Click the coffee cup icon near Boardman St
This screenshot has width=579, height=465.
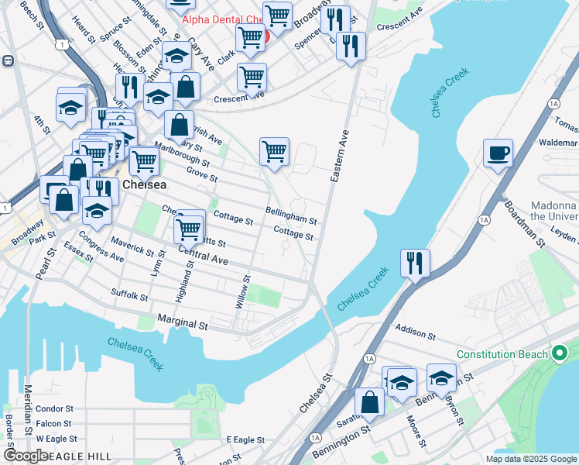click(x=498, y=153)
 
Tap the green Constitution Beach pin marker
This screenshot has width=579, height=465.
click(x=560, y=354)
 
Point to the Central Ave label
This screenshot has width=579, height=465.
click(x=203, y=255)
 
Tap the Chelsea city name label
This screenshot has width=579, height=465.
click(x=143, y=185)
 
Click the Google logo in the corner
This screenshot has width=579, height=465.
click(x=26, y=456)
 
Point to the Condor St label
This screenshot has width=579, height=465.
click(x=54, y=408)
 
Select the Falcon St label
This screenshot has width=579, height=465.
click(x=54, y=424)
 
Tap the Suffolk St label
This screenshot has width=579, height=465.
click(x=129, y=295)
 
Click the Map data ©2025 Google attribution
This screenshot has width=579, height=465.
click(x=531, y=459)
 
